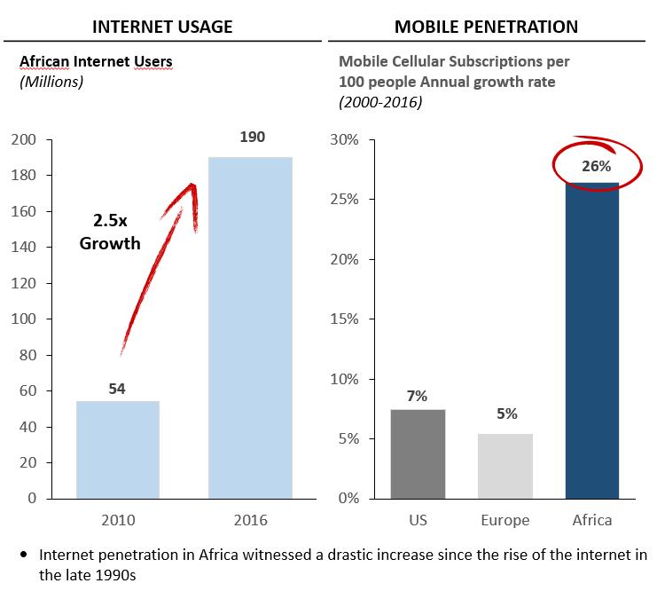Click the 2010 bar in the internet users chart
[117, 449]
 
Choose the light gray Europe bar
[506, 465]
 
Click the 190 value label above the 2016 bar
[252, 138]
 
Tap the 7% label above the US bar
[417, 396]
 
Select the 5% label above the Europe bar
[506, 414]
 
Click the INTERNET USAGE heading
[163, 26]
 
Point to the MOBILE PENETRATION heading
[486, 26]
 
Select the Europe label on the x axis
[506, 520]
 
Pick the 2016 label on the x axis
[250, 520]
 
